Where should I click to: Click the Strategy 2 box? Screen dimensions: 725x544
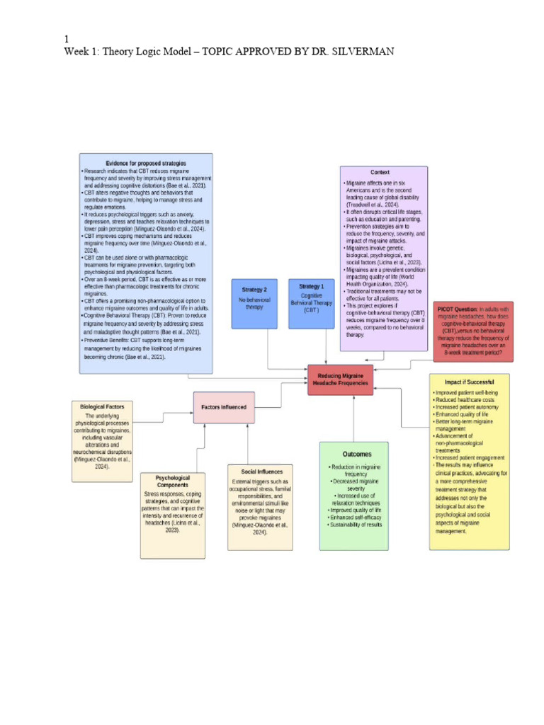point(254,304)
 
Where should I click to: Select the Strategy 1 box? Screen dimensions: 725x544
point(312,304)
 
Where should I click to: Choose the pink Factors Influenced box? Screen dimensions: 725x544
point(224,407)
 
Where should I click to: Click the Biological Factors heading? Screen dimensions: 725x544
point(103,407)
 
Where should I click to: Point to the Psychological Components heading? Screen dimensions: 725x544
point(173,481)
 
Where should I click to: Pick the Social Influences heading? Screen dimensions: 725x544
point(260,471)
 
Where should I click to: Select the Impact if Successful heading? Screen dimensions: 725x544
point(469,382)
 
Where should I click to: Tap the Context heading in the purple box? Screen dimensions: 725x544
point(380,172)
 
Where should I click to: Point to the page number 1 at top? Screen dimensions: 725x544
point(66,40)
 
